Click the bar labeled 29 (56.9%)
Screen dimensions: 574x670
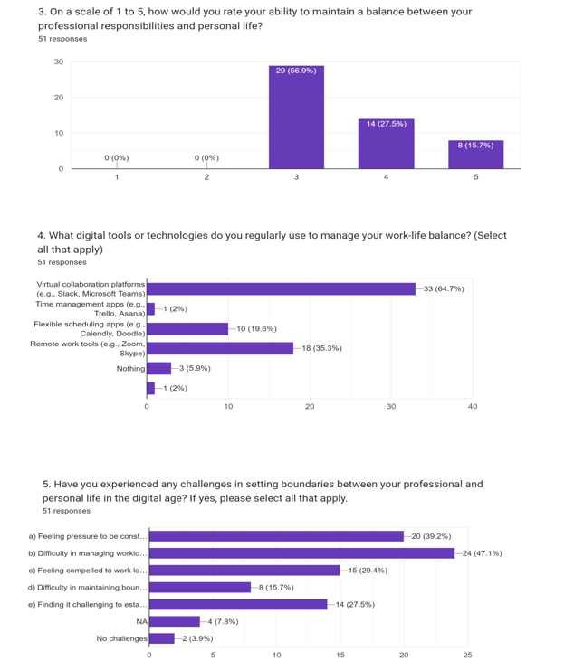(296, 117)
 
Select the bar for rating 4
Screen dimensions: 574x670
(387, 144)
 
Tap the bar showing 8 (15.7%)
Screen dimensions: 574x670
(476, 155)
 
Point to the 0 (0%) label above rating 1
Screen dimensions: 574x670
(117, 157)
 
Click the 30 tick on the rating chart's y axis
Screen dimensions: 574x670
(59, 62)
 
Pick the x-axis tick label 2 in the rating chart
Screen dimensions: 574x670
(206, 177)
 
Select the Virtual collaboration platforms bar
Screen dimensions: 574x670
(281, 288)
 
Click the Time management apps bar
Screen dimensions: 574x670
(150, 309)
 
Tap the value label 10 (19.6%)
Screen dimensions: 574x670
(256, 328)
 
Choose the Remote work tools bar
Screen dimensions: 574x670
(220, 348)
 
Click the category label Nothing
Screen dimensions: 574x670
(131, 368)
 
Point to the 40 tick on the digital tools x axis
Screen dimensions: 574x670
(473, 406)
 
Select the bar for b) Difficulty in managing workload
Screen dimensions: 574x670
(302, 553)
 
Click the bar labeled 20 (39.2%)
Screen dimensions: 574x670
(276, 536)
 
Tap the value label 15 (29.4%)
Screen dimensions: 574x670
(368, 571)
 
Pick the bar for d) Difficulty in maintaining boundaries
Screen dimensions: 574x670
(200, 588)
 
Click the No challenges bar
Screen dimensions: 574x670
(162, 638)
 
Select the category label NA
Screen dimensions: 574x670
(142, 621)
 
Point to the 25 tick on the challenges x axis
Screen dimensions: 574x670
(467, 655)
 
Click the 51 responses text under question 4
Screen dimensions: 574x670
(62, 262)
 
